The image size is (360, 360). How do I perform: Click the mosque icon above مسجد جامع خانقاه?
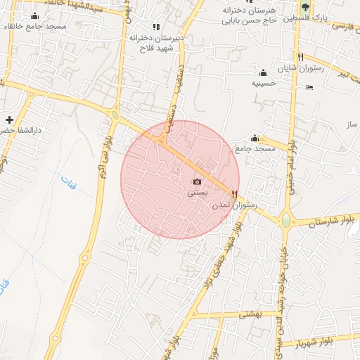35,15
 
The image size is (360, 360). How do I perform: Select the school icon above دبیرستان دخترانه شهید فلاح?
156,27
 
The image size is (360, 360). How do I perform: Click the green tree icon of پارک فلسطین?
304,6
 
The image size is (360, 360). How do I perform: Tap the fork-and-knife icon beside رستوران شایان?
300,57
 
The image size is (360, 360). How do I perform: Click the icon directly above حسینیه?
264,72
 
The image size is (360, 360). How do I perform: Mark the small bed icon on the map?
310,87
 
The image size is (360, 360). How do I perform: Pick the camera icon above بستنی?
197,182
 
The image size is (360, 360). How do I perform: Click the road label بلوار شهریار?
314,343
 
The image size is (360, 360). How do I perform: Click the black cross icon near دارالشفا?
9,120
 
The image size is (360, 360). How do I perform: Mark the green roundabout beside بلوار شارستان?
285,221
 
